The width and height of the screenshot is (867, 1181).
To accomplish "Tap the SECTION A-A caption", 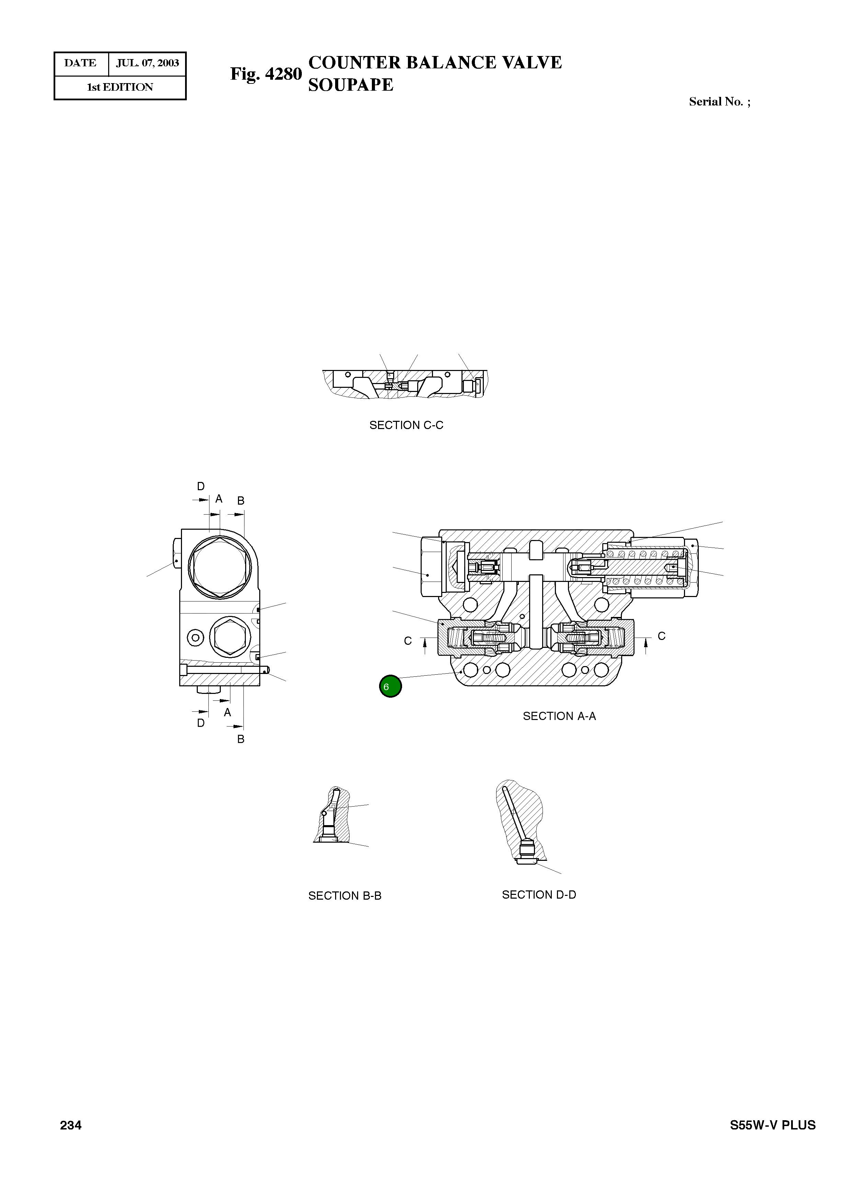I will point(559,716).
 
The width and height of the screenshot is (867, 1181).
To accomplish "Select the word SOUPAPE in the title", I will point(351,85).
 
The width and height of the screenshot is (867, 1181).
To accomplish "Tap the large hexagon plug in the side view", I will point(219,568).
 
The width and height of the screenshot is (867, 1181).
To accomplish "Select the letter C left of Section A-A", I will point(408,641).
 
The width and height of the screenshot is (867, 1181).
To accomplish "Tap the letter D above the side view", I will point(201,486).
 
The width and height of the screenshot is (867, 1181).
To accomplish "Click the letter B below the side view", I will point(241,739).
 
